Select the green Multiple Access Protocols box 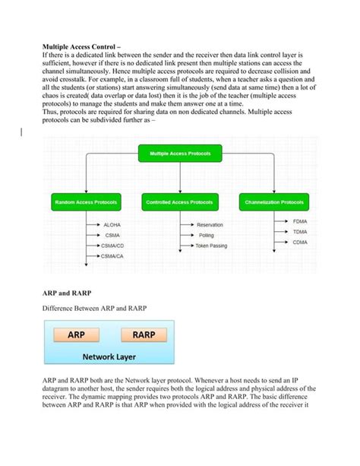[179, 154]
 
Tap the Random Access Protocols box [85, 203]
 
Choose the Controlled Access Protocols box [180, 203]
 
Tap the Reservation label [210, 225]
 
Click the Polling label [206, 236]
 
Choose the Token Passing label [211, 246]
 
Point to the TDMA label [300, 231]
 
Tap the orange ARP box [76, 334]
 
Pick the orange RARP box [144, 334]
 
